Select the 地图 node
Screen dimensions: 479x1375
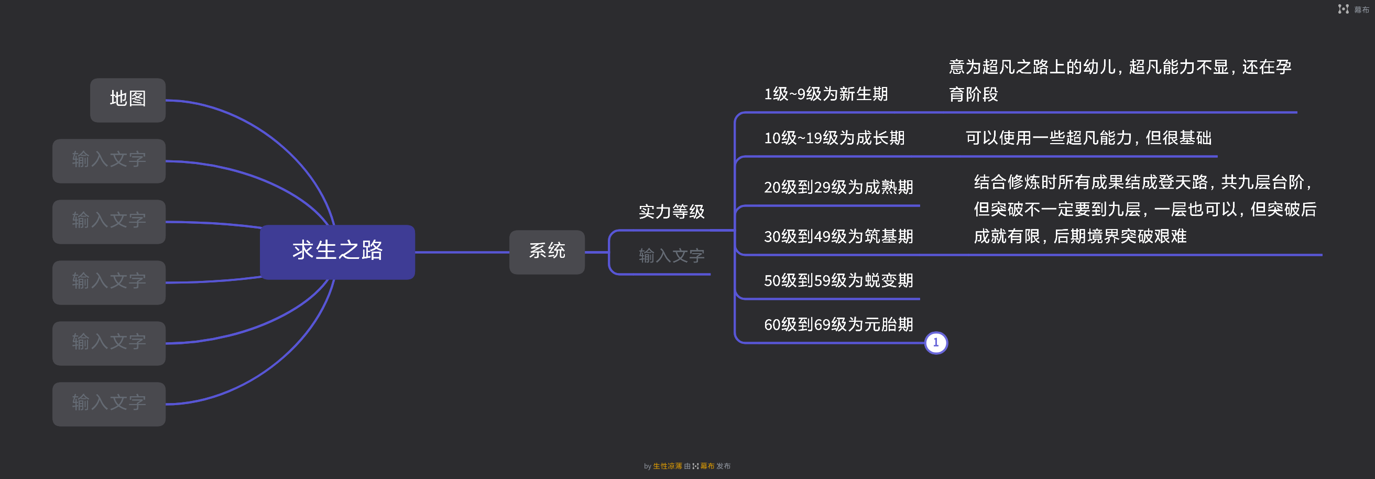[x=127, y=100]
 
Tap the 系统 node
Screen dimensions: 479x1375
[x=547, y=252]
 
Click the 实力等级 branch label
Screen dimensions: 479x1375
[x=671, y=212]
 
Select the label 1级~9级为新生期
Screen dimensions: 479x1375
[x=825, y=94]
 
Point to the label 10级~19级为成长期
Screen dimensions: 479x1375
[x=834, y=138]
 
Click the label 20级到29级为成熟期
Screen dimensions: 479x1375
[x=838, y=188]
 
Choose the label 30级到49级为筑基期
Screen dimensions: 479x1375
[x=838, y=236]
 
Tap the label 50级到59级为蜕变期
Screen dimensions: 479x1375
[x=838, y=281]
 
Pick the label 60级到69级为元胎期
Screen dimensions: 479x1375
[x=838, y=325]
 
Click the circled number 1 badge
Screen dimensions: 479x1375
[x=936, y=343]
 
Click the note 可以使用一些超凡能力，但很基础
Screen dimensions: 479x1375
[x=1088, y=138]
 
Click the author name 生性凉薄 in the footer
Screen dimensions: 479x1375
[x=667, y=466]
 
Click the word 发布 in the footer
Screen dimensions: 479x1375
[x=723, y=466]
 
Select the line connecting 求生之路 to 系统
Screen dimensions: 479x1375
[x=462, y=252]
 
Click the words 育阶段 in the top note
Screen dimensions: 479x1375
[x=973, y=95]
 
